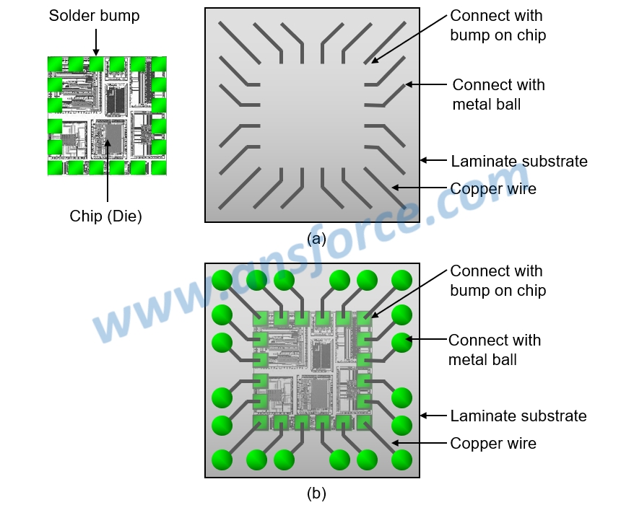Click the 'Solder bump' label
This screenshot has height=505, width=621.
pyautogui.click(x=94, y=16)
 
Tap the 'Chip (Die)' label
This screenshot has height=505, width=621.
pyautogui.click(x=105, y=216)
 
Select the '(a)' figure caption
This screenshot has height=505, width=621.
pyautogui.click(x=316, y=238)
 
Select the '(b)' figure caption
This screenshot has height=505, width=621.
pyautogui.click(x=316, y=493)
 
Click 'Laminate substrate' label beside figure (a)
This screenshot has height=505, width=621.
pyautogui.click(x=518, y=161)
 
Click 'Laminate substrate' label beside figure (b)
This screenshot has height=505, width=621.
pyautogui.click(x=518, y=416)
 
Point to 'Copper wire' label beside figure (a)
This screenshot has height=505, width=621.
pyautogui.click(x=493, y=188)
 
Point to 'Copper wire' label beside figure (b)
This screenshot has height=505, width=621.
pyautogui.click(x=493, y=443)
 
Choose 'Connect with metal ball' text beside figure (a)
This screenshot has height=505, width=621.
pyautogui.click(x=498, y=95)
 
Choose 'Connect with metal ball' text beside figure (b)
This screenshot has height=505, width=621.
pyautogui.click(x=495, y=350)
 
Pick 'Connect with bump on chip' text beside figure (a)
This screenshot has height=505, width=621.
pyautogui.click(x=498, y=25)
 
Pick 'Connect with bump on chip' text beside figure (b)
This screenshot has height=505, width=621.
pyautogui.click(x=498, y=281)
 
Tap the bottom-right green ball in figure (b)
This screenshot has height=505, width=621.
pyautogui.click(x=401, y=459)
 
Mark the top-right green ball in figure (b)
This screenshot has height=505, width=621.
pyautogui.click(x=401, y=280)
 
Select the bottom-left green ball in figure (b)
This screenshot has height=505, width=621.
pyautogui.click(x=222, y=459)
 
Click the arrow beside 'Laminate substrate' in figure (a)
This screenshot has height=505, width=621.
pyautogui.click(x=433, y=160)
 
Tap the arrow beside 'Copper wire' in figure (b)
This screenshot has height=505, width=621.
pyautogui.click(x=419, y=443)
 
